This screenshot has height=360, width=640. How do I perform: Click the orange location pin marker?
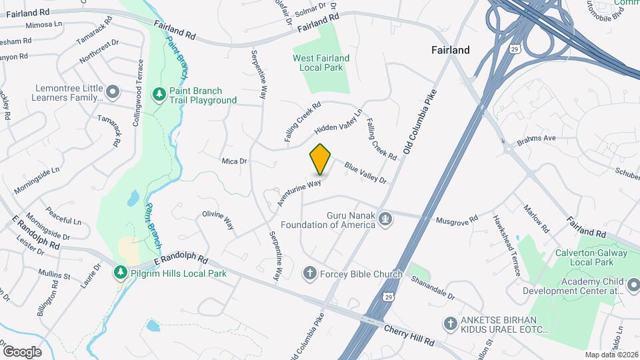[x=321, y=159]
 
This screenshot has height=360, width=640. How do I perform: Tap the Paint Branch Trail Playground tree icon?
[x=159, y=95]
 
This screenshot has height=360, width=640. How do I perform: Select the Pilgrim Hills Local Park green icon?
[x=120, y=273]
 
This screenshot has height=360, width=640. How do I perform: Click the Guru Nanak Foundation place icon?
[x=385, y=219]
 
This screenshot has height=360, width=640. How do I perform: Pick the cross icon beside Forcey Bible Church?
[x=309, y=273]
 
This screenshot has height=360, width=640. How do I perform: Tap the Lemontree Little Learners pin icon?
[x=113, y=91]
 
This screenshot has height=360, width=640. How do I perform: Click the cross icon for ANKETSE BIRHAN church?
[x=451, y=323]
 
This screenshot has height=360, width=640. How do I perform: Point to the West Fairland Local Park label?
[x=321, y=63]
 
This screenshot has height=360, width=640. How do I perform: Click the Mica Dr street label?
[x=234, y=161]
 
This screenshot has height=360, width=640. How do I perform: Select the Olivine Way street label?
[x=218, y=220]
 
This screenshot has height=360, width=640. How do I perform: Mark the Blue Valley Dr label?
[x=365, y=171]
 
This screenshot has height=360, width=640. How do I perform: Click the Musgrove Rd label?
[x=457, y=219]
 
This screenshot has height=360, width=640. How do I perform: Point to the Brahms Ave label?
[x=537, y=140]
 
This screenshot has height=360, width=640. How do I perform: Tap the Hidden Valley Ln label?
[x=338, y=121]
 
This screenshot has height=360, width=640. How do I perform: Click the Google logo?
[x=22, y=351]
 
